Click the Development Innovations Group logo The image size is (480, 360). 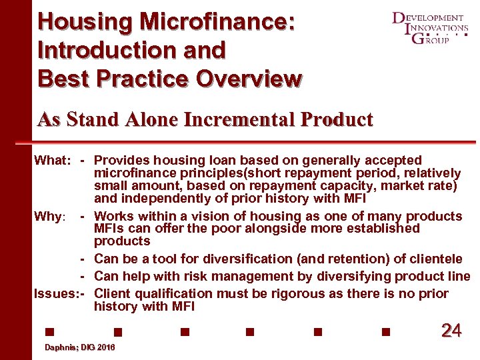[x=429, y=28]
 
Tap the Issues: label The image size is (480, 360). [x=55, y=294]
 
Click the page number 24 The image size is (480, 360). [x=451, y=329]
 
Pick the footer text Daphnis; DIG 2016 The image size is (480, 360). [x=79, y=348]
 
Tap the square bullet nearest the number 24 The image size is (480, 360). [x=385, y=330]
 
